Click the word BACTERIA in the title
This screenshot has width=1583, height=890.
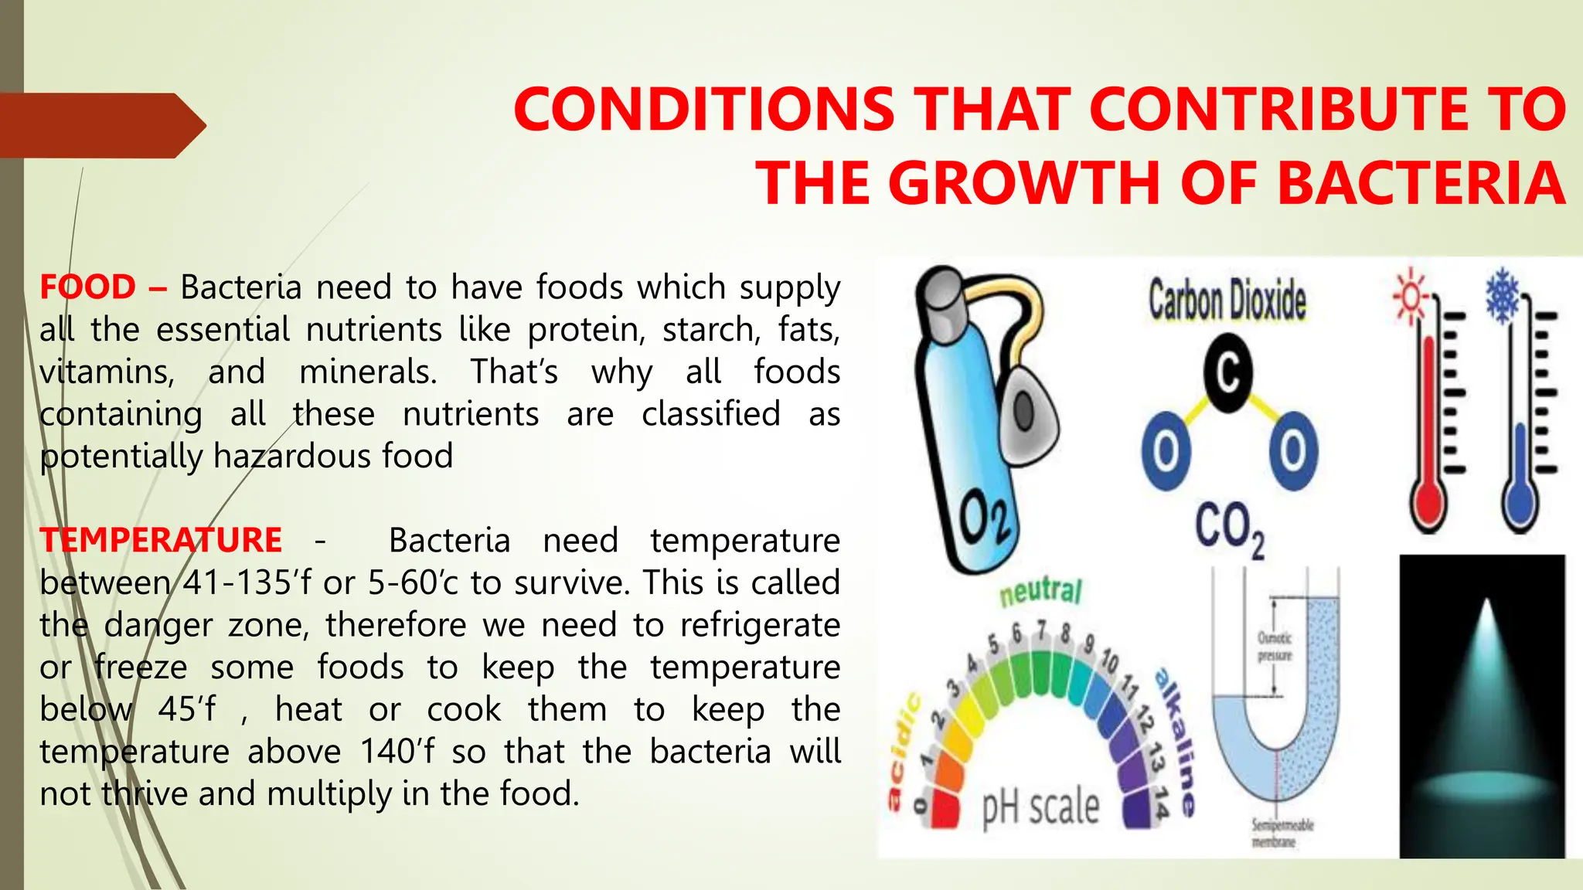(x=1421, y=183)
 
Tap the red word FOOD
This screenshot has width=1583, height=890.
(x=87, y=287)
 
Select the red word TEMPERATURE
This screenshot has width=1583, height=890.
(x=161, y=540)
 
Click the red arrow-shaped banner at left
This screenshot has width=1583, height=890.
(x=100, y=125)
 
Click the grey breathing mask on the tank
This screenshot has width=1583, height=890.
(x=1027, y=409)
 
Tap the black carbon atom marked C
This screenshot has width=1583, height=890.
(x=1227, y=373)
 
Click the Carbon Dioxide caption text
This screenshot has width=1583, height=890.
(x=1227, y=301)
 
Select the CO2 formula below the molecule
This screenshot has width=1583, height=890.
(x=1229, y=529)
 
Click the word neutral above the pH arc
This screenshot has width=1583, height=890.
(x=1040, y=592)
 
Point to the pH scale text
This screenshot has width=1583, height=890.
(x=1040, y=807)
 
